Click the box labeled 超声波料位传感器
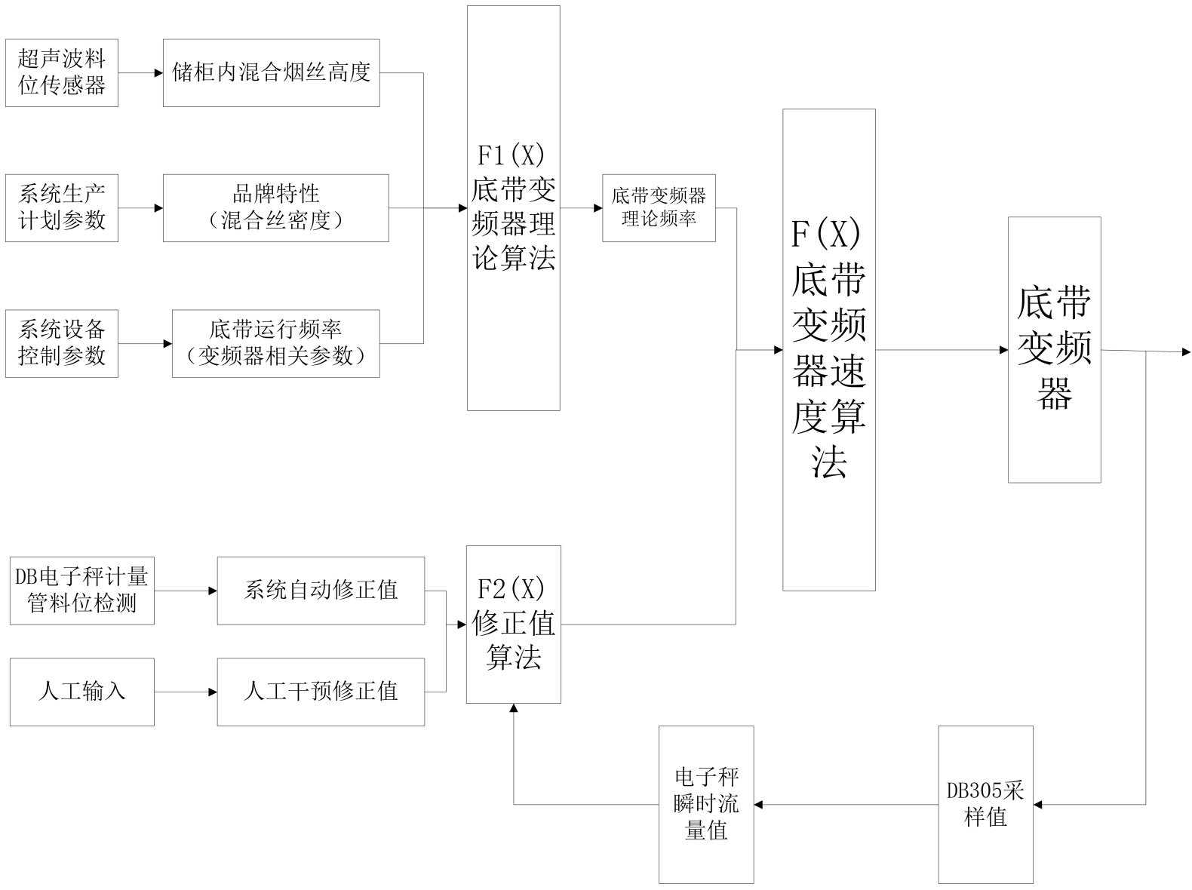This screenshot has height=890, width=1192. (x=62, y=72)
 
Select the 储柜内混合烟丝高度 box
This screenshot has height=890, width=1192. (x=271, y=72)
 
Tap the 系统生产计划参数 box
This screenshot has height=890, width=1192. (x=62, y=208)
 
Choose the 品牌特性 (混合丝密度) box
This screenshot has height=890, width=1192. (x=275, y=208)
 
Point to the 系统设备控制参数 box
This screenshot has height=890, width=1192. (x=62, y=343)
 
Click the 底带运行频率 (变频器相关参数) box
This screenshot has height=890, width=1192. (x=275, y=343)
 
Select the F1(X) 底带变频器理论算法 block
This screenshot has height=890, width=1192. (x=513, y=208)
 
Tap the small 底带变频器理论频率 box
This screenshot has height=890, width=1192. (x=659, y=208)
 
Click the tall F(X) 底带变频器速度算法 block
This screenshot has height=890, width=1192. (x=828, y=350)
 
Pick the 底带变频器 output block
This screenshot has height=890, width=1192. (x=1054, y=350)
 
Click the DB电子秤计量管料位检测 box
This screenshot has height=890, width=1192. (x=81, y=591)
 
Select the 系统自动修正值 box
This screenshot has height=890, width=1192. (x=321, y=591)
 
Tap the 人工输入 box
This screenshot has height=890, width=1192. (x=81, y=692)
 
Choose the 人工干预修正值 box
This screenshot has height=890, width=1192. (x=321, y=692)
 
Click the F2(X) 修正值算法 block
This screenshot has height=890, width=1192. (x=513, y=625)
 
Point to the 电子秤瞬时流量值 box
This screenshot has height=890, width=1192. (x=705, y=805)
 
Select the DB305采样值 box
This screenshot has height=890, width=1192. (x=985, y=805)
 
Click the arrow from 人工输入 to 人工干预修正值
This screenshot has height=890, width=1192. (x=186, y=692)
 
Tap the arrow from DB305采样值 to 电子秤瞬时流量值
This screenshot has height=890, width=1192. (x=846, y=805)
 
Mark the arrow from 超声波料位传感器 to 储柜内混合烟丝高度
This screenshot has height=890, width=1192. (x=140, y=73)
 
